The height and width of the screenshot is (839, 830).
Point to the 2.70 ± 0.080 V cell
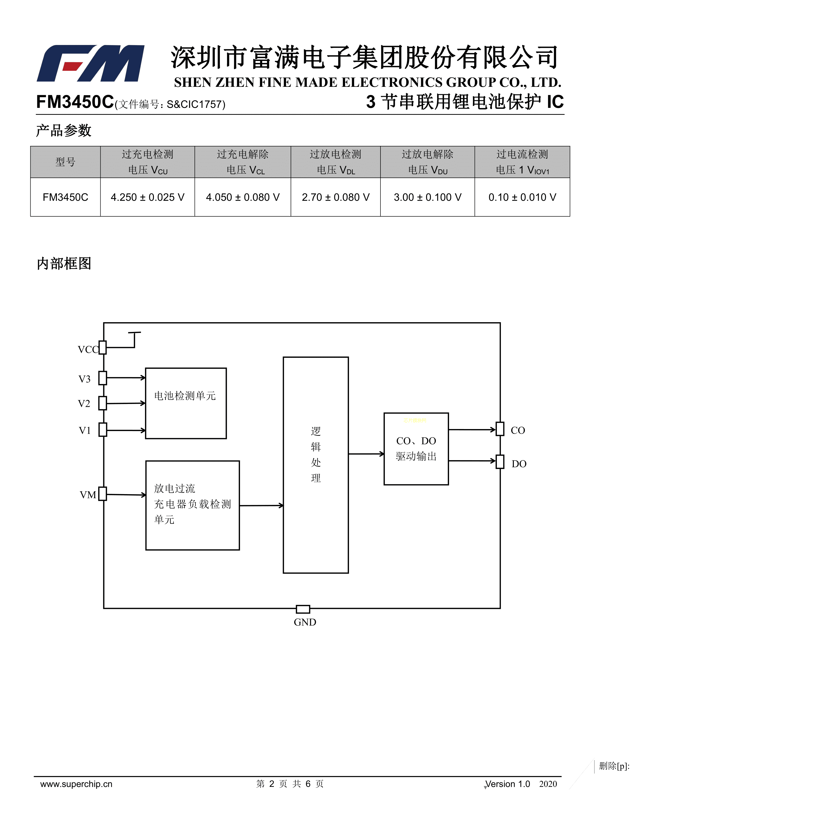pyautogui.click(x=335, y=197)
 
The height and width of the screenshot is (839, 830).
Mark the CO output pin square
pyautogui.click(x=500, y=429)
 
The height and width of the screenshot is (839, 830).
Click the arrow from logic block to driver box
pyautogui.click(x=366, y=454)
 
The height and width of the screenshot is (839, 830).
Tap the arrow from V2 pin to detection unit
pyautogui.click(x=126, y=403)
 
